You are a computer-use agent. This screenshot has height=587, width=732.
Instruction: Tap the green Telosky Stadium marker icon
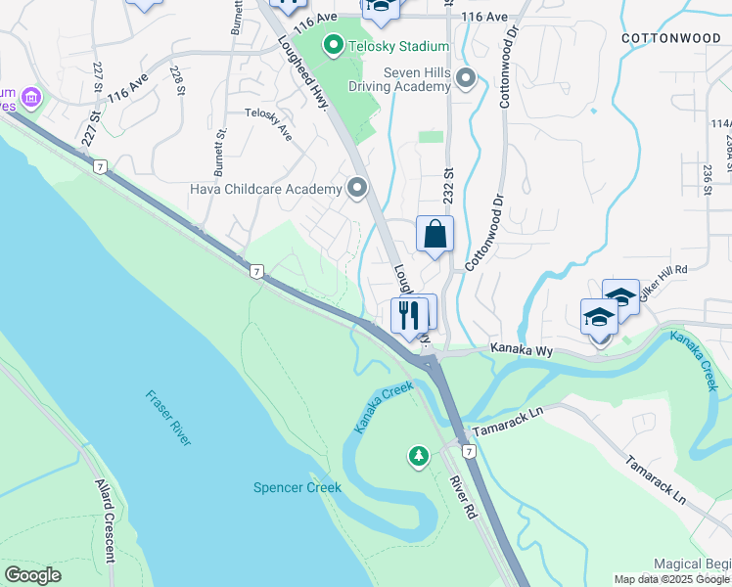pos(334,45)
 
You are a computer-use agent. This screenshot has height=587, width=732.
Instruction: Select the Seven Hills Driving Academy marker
pos(465,77)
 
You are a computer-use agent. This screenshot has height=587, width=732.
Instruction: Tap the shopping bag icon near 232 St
pos(435,235)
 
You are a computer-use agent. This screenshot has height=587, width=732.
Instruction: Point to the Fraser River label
pos(168,418)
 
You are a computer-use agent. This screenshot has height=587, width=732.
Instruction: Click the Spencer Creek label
pos(297,487)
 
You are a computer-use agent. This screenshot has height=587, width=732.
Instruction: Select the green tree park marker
pos(419,456)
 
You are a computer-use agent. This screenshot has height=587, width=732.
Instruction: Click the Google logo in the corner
pos(33,575)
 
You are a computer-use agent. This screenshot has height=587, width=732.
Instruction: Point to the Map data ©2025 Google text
pos(671,579)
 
